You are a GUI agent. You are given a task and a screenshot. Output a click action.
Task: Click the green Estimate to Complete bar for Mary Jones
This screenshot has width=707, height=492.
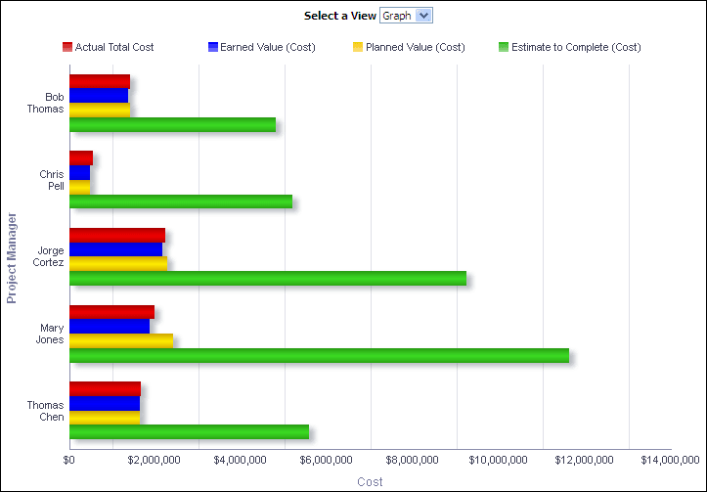click(319, 355)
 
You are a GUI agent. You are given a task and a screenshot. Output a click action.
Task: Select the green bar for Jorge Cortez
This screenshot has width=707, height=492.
click(267, 278)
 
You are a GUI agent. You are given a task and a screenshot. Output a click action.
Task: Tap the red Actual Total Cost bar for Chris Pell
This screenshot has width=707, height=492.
click(80, 157)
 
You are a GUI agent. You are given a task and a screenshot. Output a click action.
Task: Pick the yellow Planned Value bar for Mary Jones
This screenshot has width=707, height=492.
click(121, 340)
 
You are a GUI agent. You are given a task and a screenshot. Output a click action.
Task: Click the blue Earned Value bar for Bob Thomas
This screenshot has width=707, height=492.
click(99, 96)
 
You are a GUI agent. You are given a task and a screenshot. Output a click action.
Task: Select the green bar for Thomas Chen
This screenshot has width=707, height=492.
click(189, 431)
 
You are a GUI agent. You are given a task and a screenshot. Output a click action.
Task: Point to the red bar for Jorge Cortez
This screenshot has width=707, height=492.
click(116, 235)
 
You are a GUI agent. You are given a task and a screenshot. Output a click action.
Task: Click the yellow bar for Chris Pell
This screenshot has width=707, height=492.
click(79, 187)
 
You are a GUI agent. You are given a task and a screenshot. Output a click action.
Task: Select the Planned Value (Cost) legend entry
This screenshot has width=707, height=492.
click(415, 47)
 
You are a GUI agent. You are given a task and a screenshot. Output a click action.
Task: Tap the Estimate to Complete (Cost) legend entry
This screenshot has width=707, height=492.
click(575, 47)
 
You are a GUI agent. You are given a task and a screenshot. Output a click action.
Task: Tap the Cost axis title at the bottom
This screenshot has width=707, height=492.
click(370, 481)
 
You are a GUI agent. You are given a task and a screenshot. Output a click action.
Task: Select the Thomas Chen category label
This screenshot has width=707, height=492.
click(46, 411)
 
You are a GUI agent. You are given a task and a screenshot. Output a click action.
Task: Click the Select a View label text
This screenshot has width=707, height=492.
click(339, 16)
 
